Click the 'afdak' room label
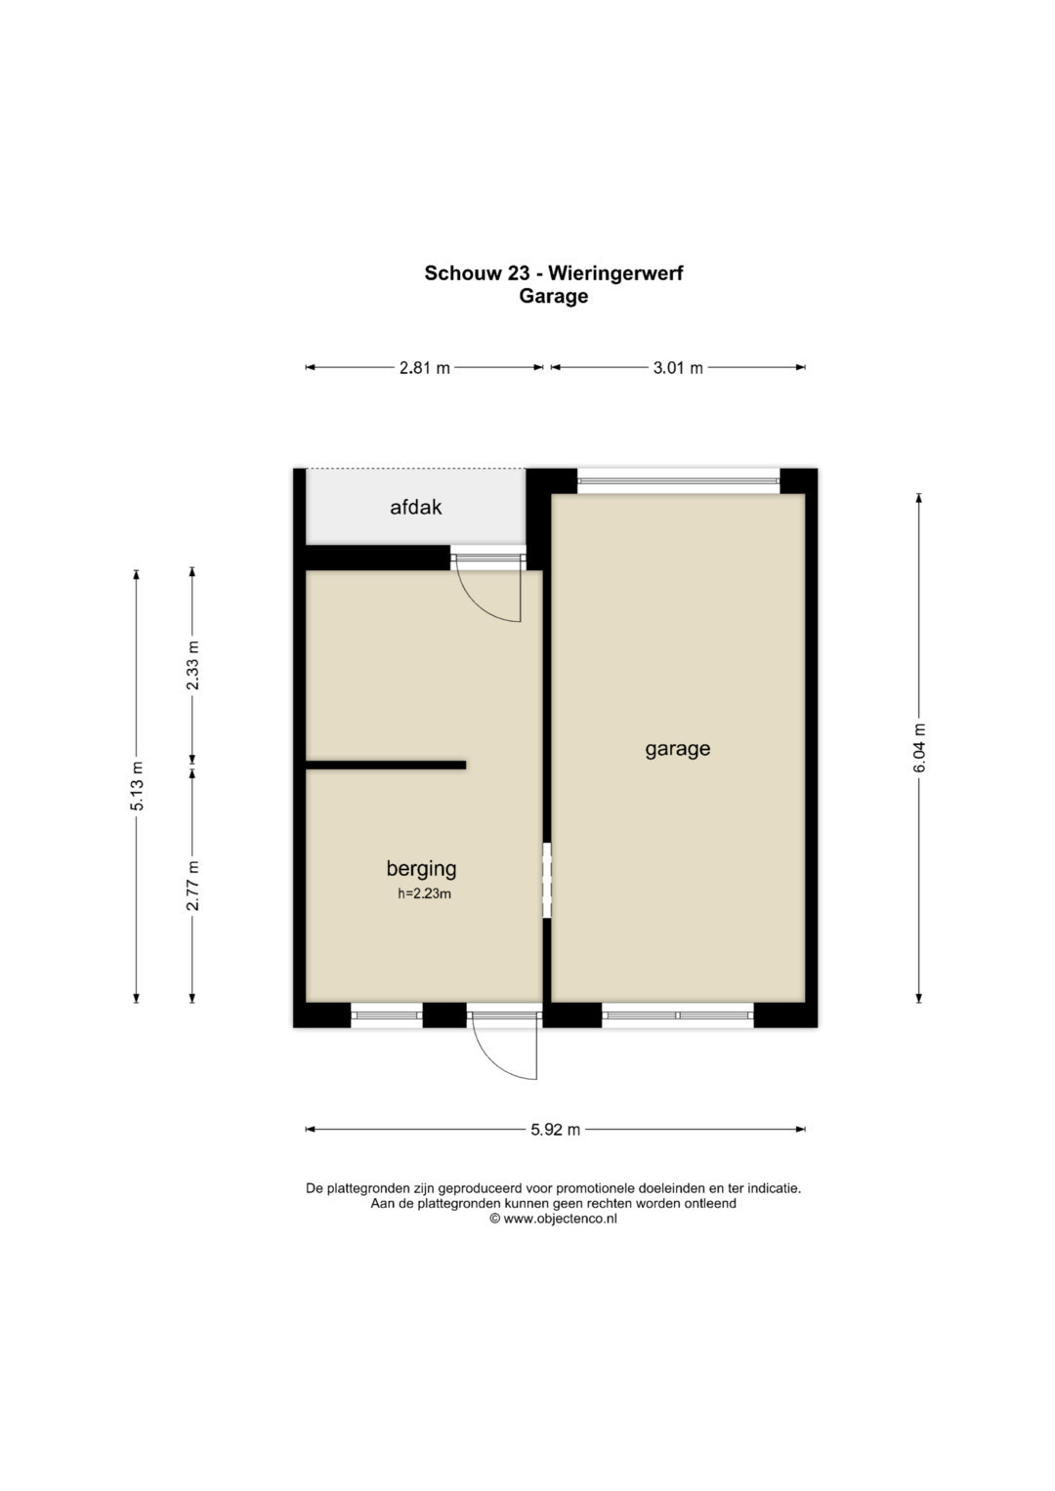[415, 507]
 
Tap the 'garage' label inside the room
[677, 750]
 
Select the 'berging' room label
[421, 868]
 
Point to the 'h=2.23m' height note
[424, 894]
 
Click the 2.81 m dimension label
[424, 367]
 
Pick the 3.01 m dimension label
[677, 367]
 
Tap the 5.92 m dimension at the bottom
[556, 1130]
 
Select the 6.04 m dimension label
[919, 748]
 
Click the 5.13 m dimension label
[137, 785]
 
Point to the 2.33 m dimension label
[192, 666]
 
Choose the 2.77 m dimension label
[192, 886]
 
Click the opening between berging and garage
[547, 881]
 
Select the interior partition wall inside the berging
[386, 765]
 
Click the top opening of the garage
[678, 480]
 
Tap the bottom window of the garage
[678, 1015]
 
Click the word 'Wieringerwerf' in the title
[616, 273]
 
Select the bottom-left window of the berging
[386, 1015]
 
